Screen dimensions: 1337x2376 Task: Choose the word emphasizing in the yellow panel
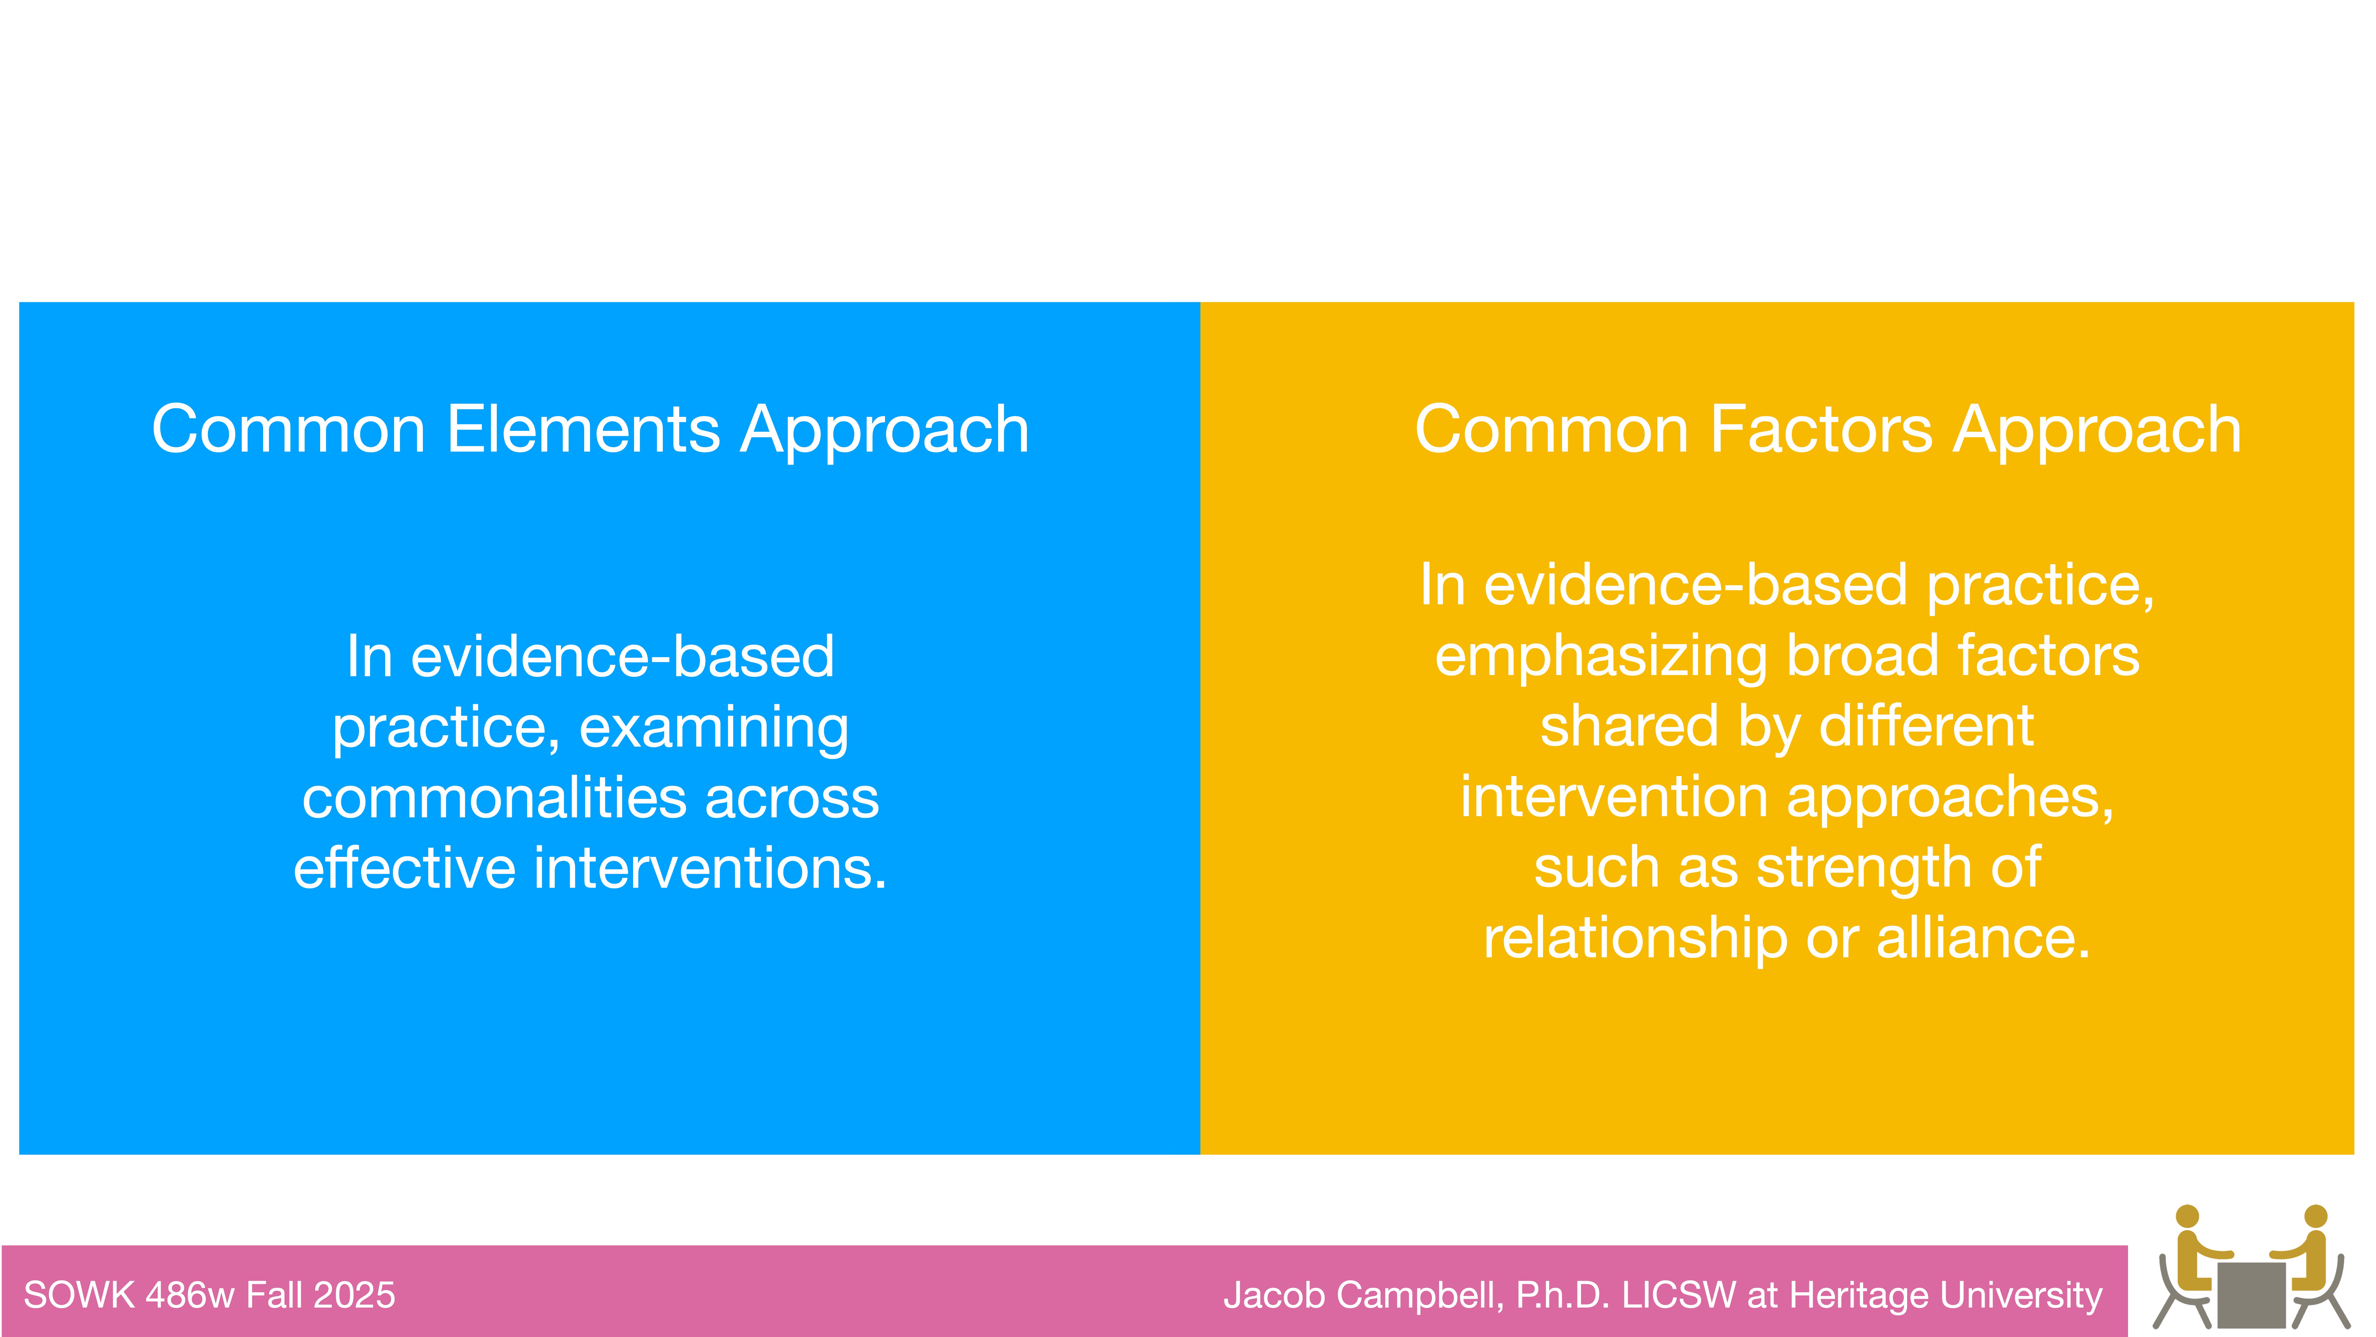click(1600, 657)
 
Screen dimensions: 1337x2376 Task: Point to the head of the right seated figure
click(2315, 1216)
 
